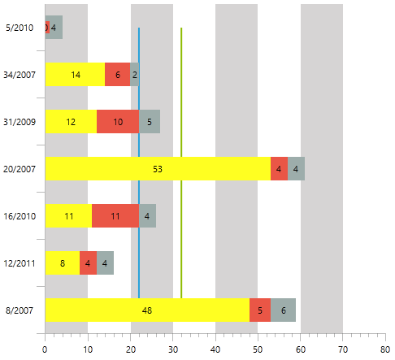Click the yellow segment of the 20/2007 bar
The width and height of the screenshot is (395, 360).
click(158, 168)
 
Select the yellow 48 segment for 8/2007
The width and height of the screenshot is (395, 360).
click(147, 310)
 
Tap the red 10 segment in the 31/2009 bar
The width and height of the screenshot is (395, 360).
click(118, 121)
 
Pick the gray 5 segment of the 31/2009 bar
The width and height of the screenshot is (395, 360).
click(150, 121)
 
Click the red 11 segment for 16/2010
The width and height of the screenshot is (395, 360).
click(115, 215)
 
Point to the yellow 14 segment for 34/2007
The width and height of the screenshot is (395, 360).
click(75, 75)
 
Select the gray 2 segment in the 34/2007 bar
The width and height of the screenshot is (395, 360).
click(135, 75)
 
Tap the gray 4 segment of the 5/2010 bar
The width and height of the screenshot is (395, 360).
click(56, 27)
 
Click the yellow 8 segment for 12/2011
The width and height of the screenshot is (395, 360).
click(63, 262)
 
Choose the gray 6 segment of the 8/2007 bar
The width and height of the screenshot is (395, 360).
click(283, 310)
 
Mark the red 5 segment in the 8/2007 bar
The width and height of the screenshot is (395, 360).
click(260, 310)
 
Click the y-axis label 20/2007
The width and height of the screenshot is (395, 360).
click(20, 169)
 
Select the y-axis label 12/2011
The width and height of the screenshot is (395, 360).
click(20, 263)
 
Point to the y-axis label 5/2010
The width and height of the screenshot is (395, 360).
click(20, 28)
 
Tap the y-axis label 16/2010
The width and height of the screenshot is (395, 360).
click(20, 216)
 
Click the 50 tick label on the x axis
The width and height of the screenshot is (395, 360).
click(258, 349)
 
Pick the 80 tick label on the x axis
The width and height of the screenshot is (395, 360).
click(385, 349)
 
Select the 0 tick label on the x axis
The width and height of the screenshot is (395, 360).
click(45, 349)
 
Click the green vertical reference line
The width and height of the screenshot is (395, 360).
click(181, 163)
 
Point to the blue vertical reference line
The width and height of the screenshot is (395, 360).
click(139, 163)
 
